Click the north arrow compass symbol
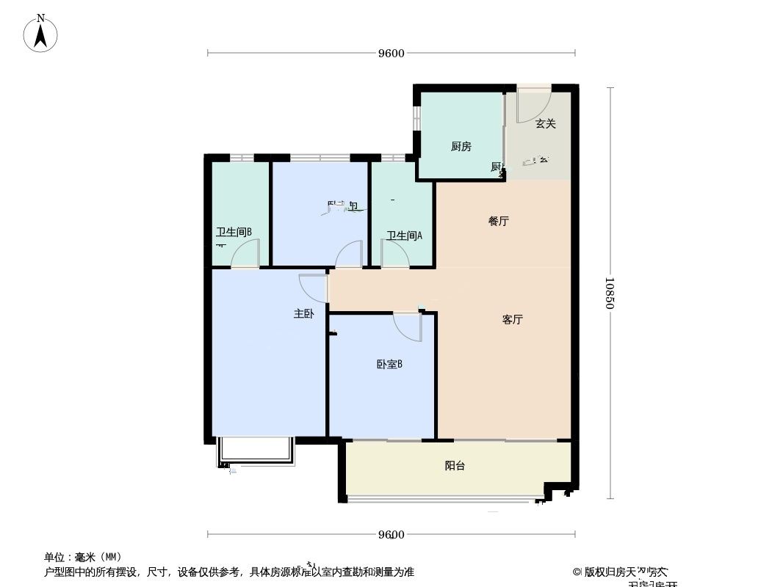(41, 34)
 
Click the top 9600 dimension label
(391, 53)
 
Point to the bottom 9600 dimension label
(391, 534)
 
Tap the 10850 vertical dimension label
(610, 293)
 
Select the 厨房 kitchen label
(461, 147)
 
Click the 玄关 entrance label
(545, 124)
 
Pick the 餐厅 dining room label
(499, 221)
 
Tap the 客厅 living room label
(513, 320)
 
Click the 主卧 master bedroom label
(304, 314)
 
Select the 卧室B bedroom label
(389, 364)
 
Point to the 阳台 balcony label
(455, 466)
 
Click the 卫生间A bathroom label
(405, 236)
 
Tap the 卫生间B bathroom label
(234, 233)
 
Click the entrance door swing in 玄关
(533, 106)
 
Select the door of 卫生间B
(246, 255)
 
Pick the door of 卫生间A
(394, 255)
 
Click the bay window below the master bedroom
(255, 452)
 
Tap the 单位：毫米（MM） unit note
(83, 557)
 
